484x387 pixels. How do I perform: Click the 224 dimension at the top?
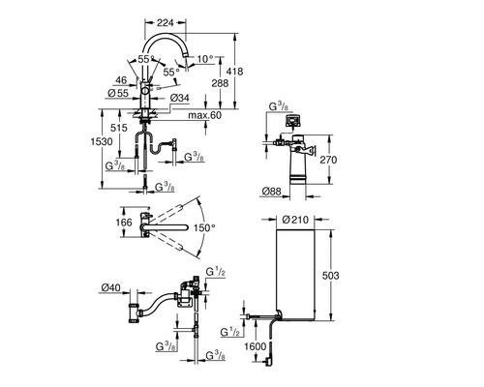166,22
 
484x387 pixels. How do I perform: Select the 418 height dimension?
235,71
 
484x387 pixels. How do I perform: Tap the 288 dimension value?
220,83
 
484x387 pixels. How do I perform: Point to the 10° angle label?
205,59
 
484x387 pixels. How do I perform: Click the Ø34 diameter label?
179,98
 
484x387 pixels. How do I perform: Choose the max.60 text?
205,115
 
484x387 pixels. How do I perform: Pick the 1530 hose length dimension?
102,141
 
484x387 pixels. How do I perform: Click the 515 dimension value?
119,128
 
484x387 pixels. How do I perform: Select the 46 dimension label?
121,80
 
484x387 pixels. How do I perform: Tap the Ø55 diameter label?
118,94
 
